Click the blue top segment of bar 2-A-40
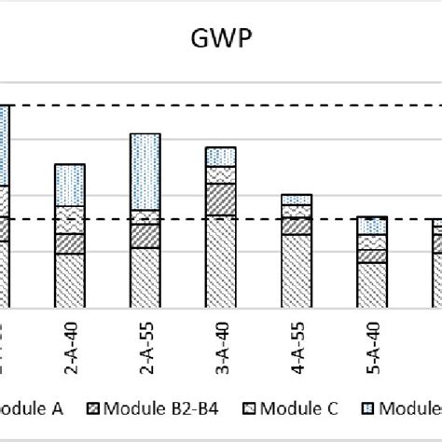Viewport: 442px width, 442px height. (x=71, y=185)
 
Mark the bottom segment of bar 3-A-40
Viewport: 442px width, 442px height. (x=221, y=261)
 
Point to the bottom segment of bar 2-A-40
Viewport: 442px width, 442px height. (x=71, y=280)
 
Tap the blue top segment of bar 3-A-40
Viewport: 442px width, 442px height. (x=221, y=157)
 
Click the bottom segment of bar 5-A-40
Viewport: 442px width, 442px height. (x=372, y=284)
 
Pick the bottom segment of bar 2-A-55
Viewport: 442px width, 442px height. (x=145, y=277)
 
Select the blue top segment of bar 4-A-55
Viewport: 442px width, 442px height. (x=297, y=200)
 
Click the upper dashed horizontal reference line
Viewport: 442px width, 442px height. (x=280, y=105)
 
